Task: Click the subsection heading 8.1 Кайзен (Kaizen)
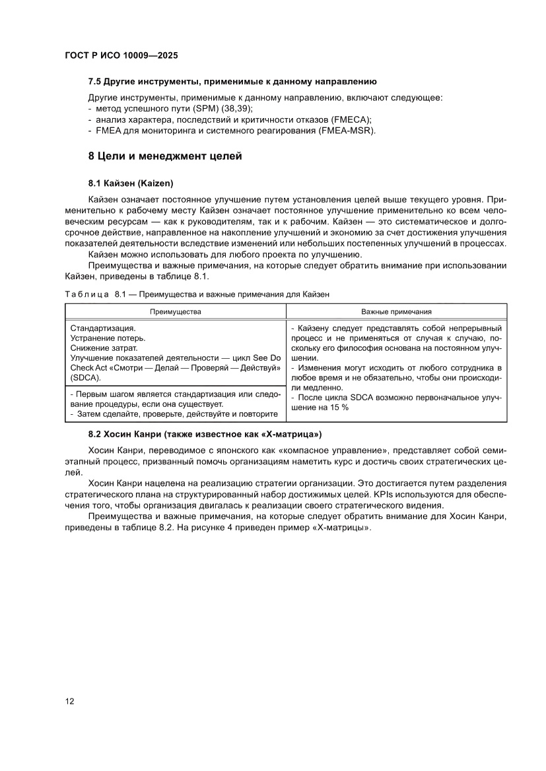click(130, 182)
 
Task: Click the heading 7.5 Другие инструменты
click(232, 82)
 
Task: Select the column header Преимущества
click(175, 311)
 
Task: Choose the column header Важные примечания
click(396, 311)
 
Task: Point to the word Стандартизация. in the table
click(102, 328)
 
